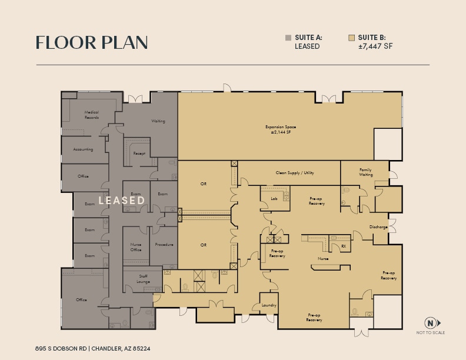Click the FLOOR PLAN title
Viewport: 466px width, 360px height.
(x=91, y=43)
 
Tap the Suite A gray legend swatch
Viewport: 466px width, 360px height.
(x=288, y=38)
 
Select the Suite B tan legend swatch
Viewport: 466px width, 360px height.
(x=351, y=38)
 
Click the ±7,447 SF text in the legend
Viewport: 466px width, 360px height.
(x=375, y=46)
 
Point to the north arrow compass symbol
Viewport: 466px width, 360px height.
(x=432, y=322)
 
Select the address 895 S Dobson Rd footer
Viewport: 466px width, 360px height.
(x=93, y=348)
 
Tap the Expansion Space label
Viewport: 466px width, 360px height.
(x=280, y=129)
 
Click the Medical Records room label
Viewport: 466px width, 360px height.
(x=91, y=115)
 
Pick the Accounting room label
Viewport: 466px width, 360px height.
(x=83, y=149)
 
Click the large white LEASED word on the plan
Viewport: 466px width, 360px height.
(x=122, y=201)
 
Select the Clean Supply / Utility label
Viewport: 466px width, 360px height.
(x=295, y=173)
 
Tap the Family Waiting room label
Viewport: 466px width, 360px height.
(x=366, y=172)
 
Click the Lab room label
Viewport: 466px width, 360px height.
(x=274, y=199)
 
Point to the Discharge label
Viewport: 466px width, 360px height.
(x=378, y=227)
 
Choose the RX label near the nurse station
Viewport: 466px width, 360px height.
(x=344, y=246)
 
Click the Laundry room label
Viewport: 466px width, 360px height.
(x=269, y=305)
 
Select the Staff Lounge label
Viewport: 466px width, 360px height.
(x=143, y=279)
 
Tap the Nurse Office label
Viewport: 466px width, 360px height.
(x=135, y=247)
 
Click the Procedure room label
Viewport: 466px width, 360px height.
(x=164, y=245)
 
